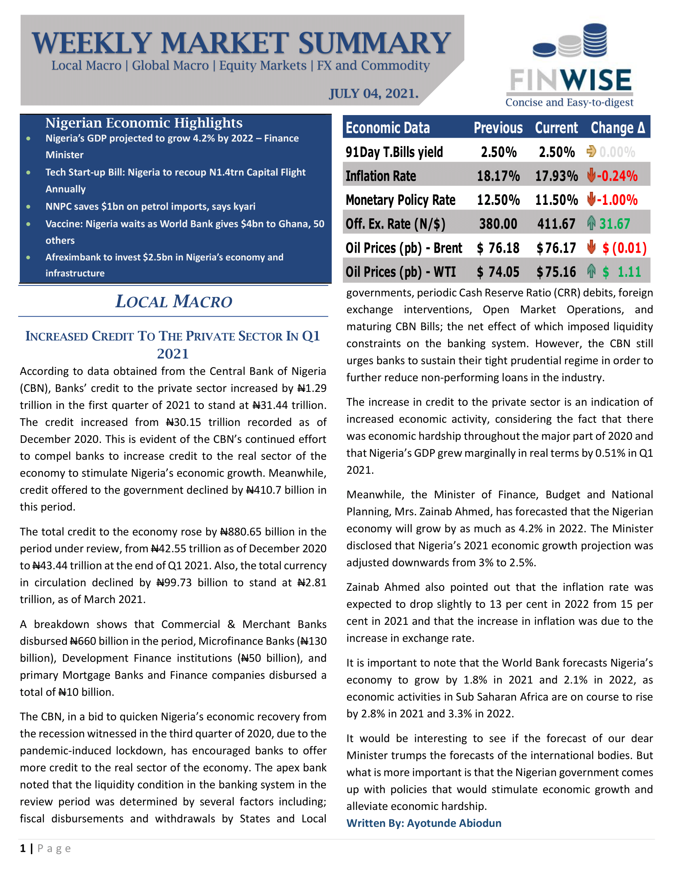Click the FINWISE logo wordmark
tap(570, 80)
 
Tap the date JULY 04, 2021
tap(374, 94)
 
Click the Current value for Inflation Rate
tap(556, 176)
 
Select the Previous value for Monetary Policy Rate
tap(498, 200)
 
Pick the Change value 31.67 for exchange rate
tap(614, 224)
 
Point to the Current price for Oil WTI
tap(556, 272)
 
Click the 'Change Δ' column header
tap(618, 128)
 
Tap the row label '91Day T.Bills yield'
tap(394, 152)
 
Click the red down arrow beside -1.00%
tap(591, 199)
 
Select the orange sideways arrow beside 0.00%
tap(591, 152)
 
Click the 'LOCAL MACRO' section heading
tap(173, 302)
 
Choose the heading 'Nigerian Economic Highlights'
tap(144, 123)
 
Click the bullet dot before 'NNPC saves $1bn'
tap(29, 207)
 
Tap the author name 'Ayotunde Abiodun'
tap(454, 823)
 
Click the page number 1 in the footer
tap(23, 849)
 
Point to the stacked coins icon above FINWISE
tap(570, 42)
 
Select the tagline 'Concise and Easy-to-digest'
tap(569, 103)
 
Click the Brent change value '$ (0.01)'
tap(624, 248)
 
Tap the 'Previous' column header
tap(498, 128)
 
